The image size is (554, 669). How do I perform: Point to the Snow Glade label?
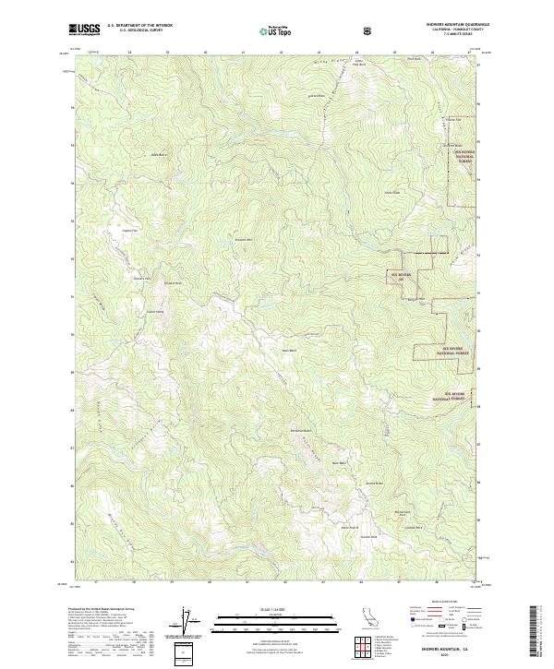tap(392, 192)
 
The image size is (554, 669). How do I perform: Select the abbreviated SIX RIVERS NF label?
tap(399, 275)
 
